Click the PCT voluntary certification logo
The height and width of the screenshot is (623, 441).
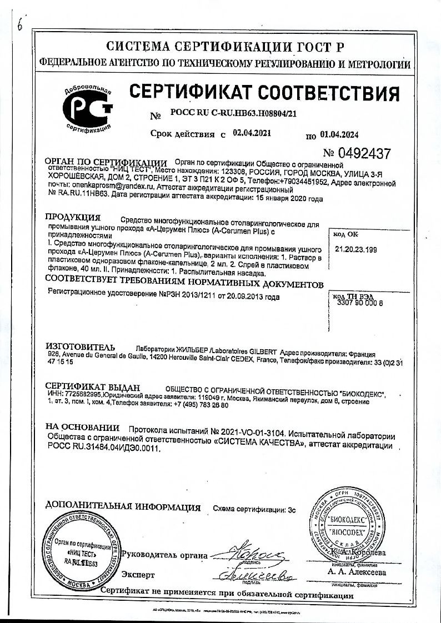[88, 109]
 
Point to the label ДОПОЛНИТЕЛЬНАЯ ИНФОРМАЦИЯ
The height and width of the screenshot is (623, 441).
[123, 506]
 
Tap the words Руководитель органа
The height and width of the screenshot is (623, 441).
[164, 555]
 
